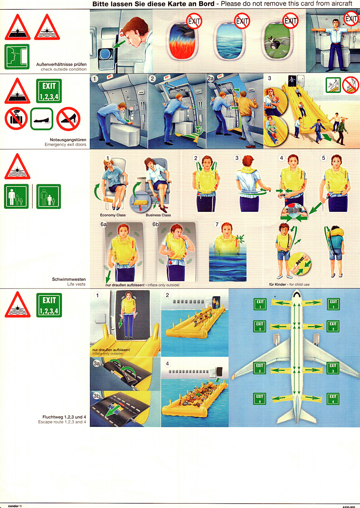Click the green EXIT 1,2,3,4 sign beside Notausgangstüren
pyautogui.click(x=49, y=91)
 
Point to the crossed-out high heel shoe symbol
pyautogui.click(x=68, y=119)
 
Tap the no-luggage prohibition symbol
pyautogui.click(x=16, y=118)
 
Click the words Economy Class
pyautogui.click(x=113, y=215)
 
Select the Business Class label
pyautogui.click(x=158, y=215)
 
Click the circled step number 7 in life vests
pyautogui.click(x=217, y=224)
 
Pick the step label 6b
pyautogui.click(x=155, y=224)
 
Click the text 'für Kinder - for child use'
pyautogui.click(x=289, y=284)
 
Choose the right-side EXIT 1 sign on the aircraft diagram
pyautogui.click(x=333, y=304)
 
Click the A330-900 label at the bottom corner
pyautogui.click(x=349, y=507)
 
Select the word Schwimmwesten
pyautogui.click(x=69, y=279)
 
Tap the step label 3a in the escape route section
pyautogui.click(x=97, y=363)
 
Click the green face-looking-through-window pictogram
pyautogui.click(x=17, y=57)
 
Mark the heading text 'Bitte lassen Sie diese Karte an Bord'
pyautogui.click(x=153, y=4)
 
